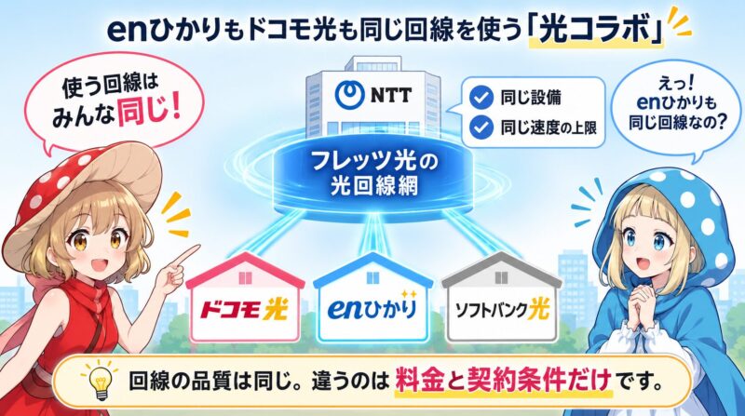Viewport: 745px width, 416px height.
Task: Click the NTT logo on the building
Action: click(372, 95)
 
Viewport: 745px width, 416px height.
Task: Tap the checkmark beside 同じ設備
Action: click(481, 98)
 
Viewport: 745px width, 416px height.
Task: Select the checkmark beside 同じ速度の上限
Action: click(481, 127)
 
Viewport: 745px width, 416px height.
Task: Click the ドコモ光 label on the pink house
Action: click(244, 310)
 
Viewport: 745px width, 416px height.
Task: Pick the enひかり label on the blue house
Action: click(372, 309)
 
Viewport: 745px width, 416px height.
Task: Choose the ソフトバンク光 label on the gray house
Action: click(502, 310)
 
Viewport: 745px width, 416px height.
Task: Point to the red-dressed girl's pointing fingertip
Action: click(196, 248)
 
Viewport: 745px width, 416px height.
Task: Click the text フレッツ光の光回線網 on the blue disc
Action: click(374, 172)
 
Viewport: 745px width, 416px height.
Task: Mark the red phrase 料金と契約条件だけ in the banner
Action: click(503, 380)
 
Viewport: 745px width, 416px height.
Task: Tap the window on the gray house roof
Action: click(501, 277)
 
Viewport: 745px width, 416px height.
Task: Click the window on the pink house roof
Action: click(245, 277)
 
